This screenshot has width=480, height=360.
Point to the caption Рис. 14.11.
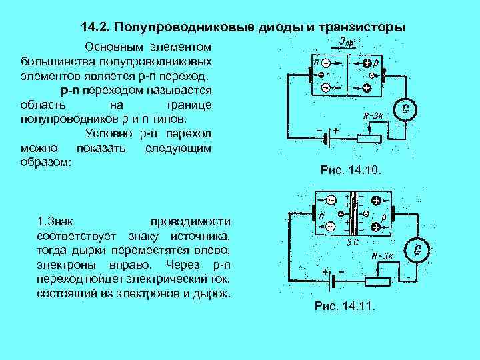click(345, 307)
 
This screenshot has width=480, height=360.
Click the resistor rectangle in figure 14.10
click(368, 139)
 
